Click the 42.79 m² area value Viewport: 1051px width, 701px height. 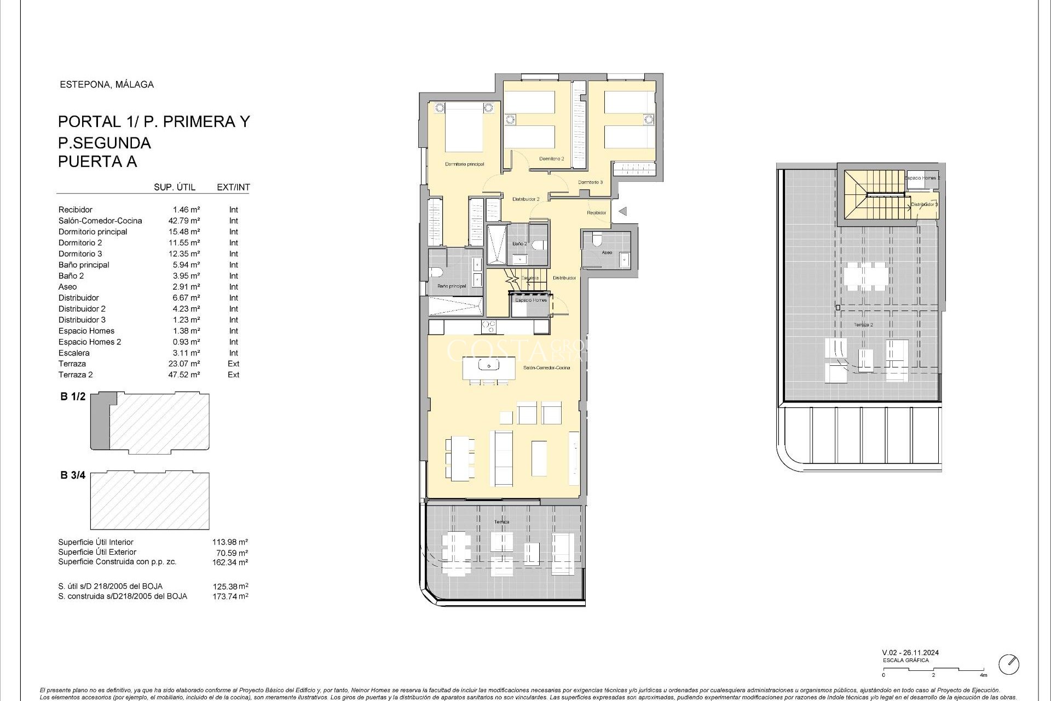click(184, 221)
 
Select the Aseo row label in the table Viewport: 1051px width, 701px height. click(68, 286)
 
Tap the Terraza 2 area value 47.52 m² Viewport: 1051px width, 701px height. click(184, 375)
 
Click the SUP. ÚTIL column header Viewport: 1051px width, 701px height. click(175, 187)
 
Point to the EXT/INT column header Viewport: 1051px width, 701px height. click(233, 187)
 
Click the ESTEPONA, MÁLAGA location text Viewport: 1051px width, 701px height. click(107, 84)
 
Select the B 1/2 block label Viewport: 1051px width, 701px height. click(73, 397)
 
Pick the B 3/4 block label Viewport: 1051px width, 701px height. click(73, 475)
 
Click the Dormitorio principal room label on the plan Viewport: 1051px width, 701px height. click(464, 164)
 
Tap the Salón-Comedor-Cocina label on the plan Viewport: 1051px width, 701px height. click(546, 367)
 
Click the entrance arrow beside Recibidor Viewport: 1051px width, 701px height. click(622, 211)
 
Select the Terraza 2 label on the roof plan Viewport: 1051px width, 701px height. click(863, 325)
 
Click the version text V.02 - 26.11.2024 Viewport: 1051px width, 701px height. click(910, 653)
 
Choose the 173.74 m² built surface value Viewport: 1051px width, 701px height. click(230, 596)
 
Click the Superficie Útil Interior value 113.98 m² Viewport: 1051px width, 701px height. click(230, 542)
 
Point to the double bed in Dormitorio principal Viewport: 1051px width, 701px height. click(464, 127)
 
